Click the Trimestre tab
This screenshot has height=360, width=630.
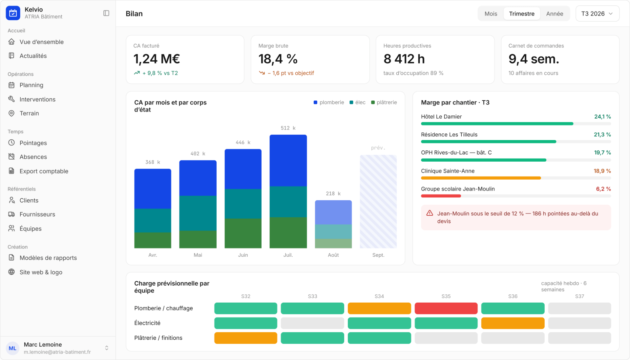(x=522, y=14)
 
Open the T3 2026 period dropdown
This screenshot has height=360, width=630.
(x=597, y=14)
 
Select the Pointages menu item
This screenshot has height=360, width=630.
(x=33, y=143)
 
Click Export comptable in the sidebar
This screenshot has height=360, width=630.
(x=44, y=171)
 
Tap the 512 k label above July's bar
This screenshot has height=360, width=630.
(x=288, y=128)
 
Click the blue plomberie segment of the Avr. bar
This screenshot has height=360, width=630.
(x=153, y=189)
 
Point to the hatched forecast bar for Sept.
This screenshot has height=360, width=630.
(x=378, y=202)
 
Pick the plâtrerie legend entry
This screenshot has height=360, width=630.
(x=384, y=103)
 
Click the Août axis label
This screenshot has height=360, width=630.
(x=333, y=255)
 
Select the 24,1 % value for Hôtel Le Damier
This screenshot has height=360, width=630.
(x=602, y=117)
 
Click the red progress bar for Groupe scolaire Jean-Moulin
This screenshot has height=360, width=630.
(x=441, y=196)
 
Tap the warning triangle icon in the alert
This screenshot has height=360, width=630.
(x=430, y=213)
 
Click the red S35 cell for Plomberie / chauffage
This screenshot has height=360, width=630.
(x=446, y=309)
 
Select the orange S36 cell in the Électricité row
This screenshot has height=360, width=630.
(x=513, y=323)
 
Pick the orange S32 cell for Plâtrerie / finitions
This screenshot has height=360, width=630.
(x=246, y=338)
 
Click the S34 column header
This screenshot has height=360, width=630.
(x=379, y=296)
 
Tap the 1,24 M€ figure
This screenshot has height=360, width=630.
(x=157, y=59)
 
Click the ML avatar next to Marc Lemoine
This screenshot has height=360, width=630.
(x=12, y=348)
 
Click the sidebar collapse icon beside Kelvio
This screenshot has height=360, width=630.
(x=106, y=13)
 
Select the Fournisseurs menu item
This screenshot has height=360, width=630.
(x=37, y=214)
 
